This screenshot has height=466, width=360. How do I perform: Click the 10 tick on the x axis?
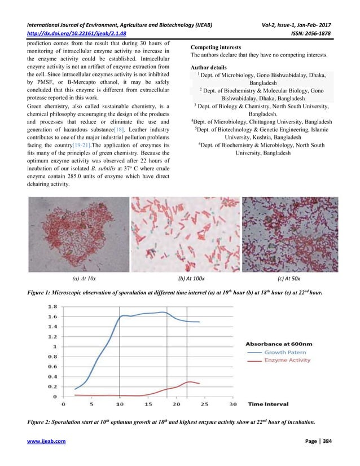119,404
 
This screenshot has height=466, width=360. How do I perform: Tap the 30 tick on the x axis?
233,404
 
